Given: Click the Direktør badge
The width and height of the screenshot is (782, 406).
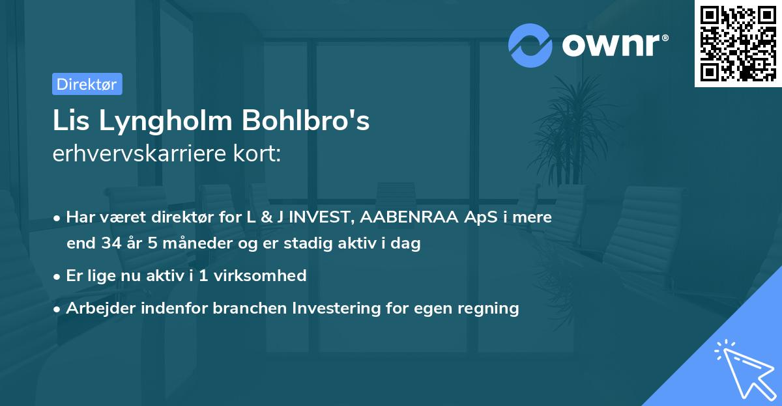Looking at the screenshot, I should click(x=87, y=85).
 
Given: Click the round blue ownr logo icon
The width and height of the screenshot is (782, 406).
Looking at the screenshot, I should click(x=530, y=45).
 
